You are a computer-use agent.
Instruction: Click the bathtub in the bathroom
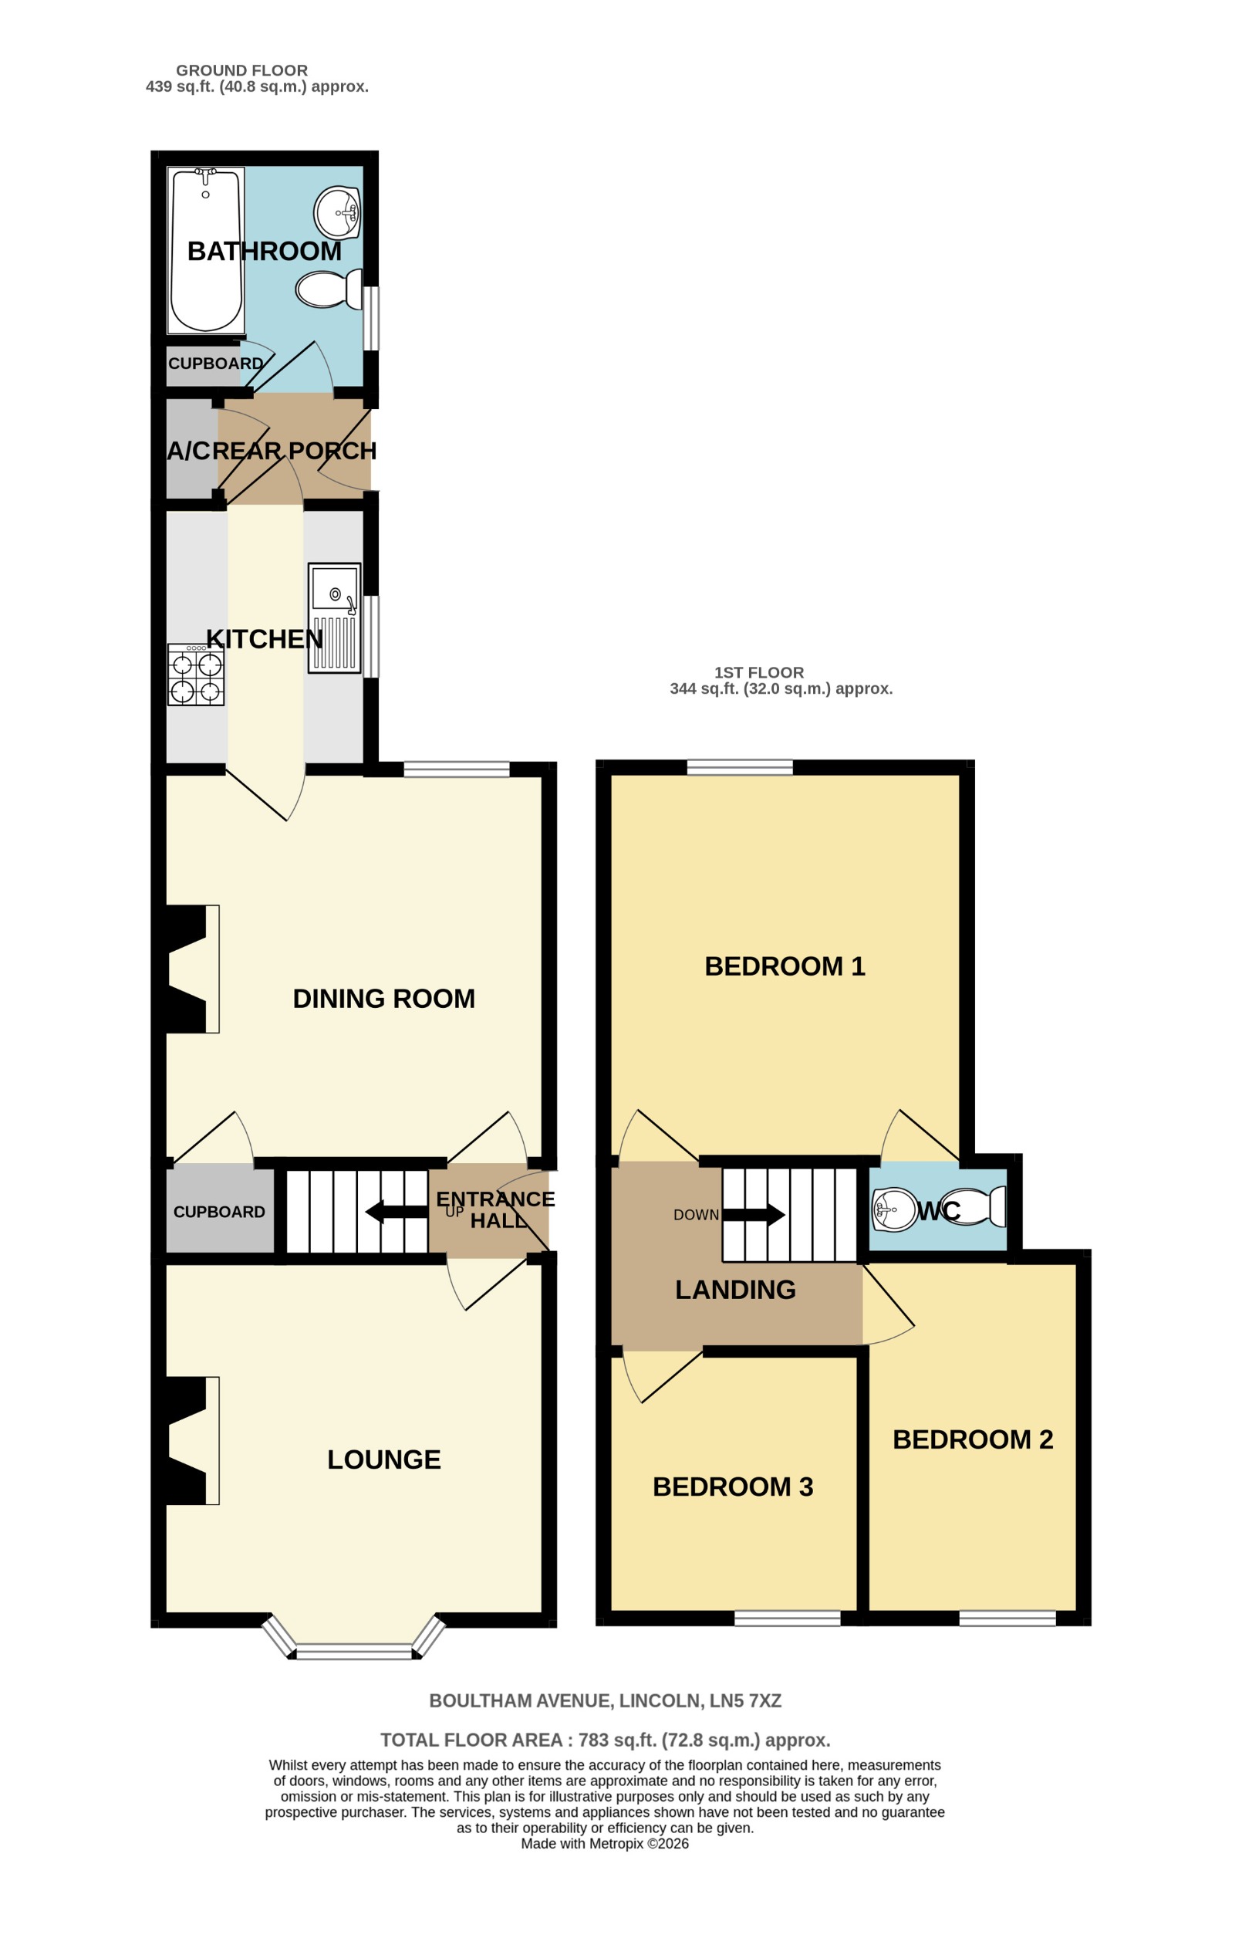(x=205, y=250)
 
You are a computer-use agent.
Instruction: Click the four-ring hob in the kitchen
(x=195, y=675)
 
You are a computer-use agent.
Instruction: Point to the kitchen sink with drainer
(x=334, y=618)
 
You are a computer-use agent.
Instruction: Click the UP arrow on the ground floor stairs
(x=397, y=1212)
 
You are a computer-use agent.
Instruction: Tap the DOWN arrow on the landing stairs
(x=753, y=1214)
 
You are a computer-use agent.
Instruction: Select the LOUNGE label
(x=383, y=1460)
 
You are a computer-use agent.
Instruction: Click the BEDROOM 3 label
(x=732, y=1487)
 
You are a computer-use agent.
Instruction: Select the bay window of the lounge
(x=354, y=1650)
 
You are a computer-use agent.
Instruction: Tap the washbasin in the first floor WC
(x=894, y=1209)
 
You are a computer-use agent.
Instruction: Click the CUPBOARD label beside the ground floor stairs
(x=219, y=1213)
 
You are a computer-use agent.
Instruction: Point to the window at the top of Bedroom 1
(x=740, y=767)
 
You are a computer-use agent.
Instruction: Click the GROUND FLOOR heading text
(x=241, y=70)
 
